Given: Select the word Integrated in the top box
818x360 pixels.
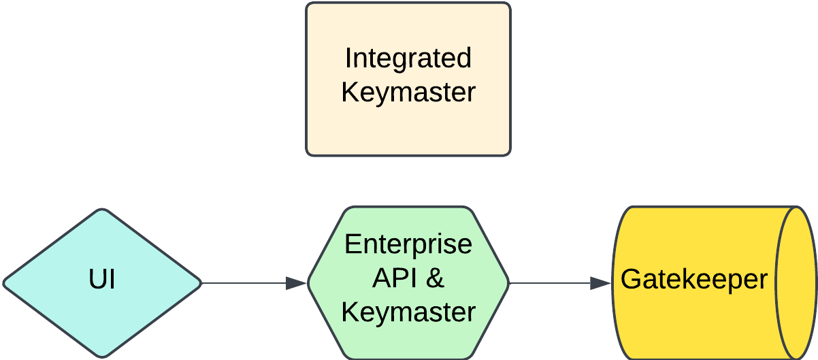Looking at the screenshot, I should coord(408,59).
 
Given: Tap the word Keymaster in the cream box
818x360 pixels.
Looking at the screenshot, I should coord(408,93).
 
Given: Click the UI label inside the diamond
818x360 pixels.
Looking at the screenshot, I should coord(102,280).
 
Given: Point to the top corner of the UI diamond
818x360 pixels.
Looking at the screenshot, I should coord(102,210).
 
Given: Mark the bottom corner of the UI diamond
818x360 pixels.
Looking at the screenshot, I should coord(102,356).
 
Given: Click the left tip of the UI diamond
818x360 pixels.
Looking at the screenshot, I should coord(5,282).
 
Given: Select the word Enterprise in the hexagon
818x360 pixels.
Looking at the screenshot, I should coord(408,244).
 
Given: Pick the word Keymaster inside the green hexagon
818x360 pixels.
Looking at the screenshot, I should coord(408,312).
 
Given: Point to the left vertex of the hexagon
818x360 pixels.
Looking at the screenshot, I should coord(309,282).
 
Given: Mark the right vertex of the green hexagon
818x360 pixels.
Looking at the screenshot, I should coord(508,282).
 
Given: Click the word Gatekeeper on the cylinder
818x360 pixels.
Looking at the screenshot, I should coord(693,280).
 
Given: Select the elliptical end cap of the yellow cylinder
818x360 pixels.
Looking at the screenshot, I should coord(797,282).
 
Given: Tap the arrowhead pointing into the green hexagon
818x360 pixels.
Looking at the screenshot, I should coord(297,283).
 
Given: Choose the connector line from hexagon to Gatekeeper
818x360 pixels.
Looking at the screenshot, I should coord(548,283).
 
